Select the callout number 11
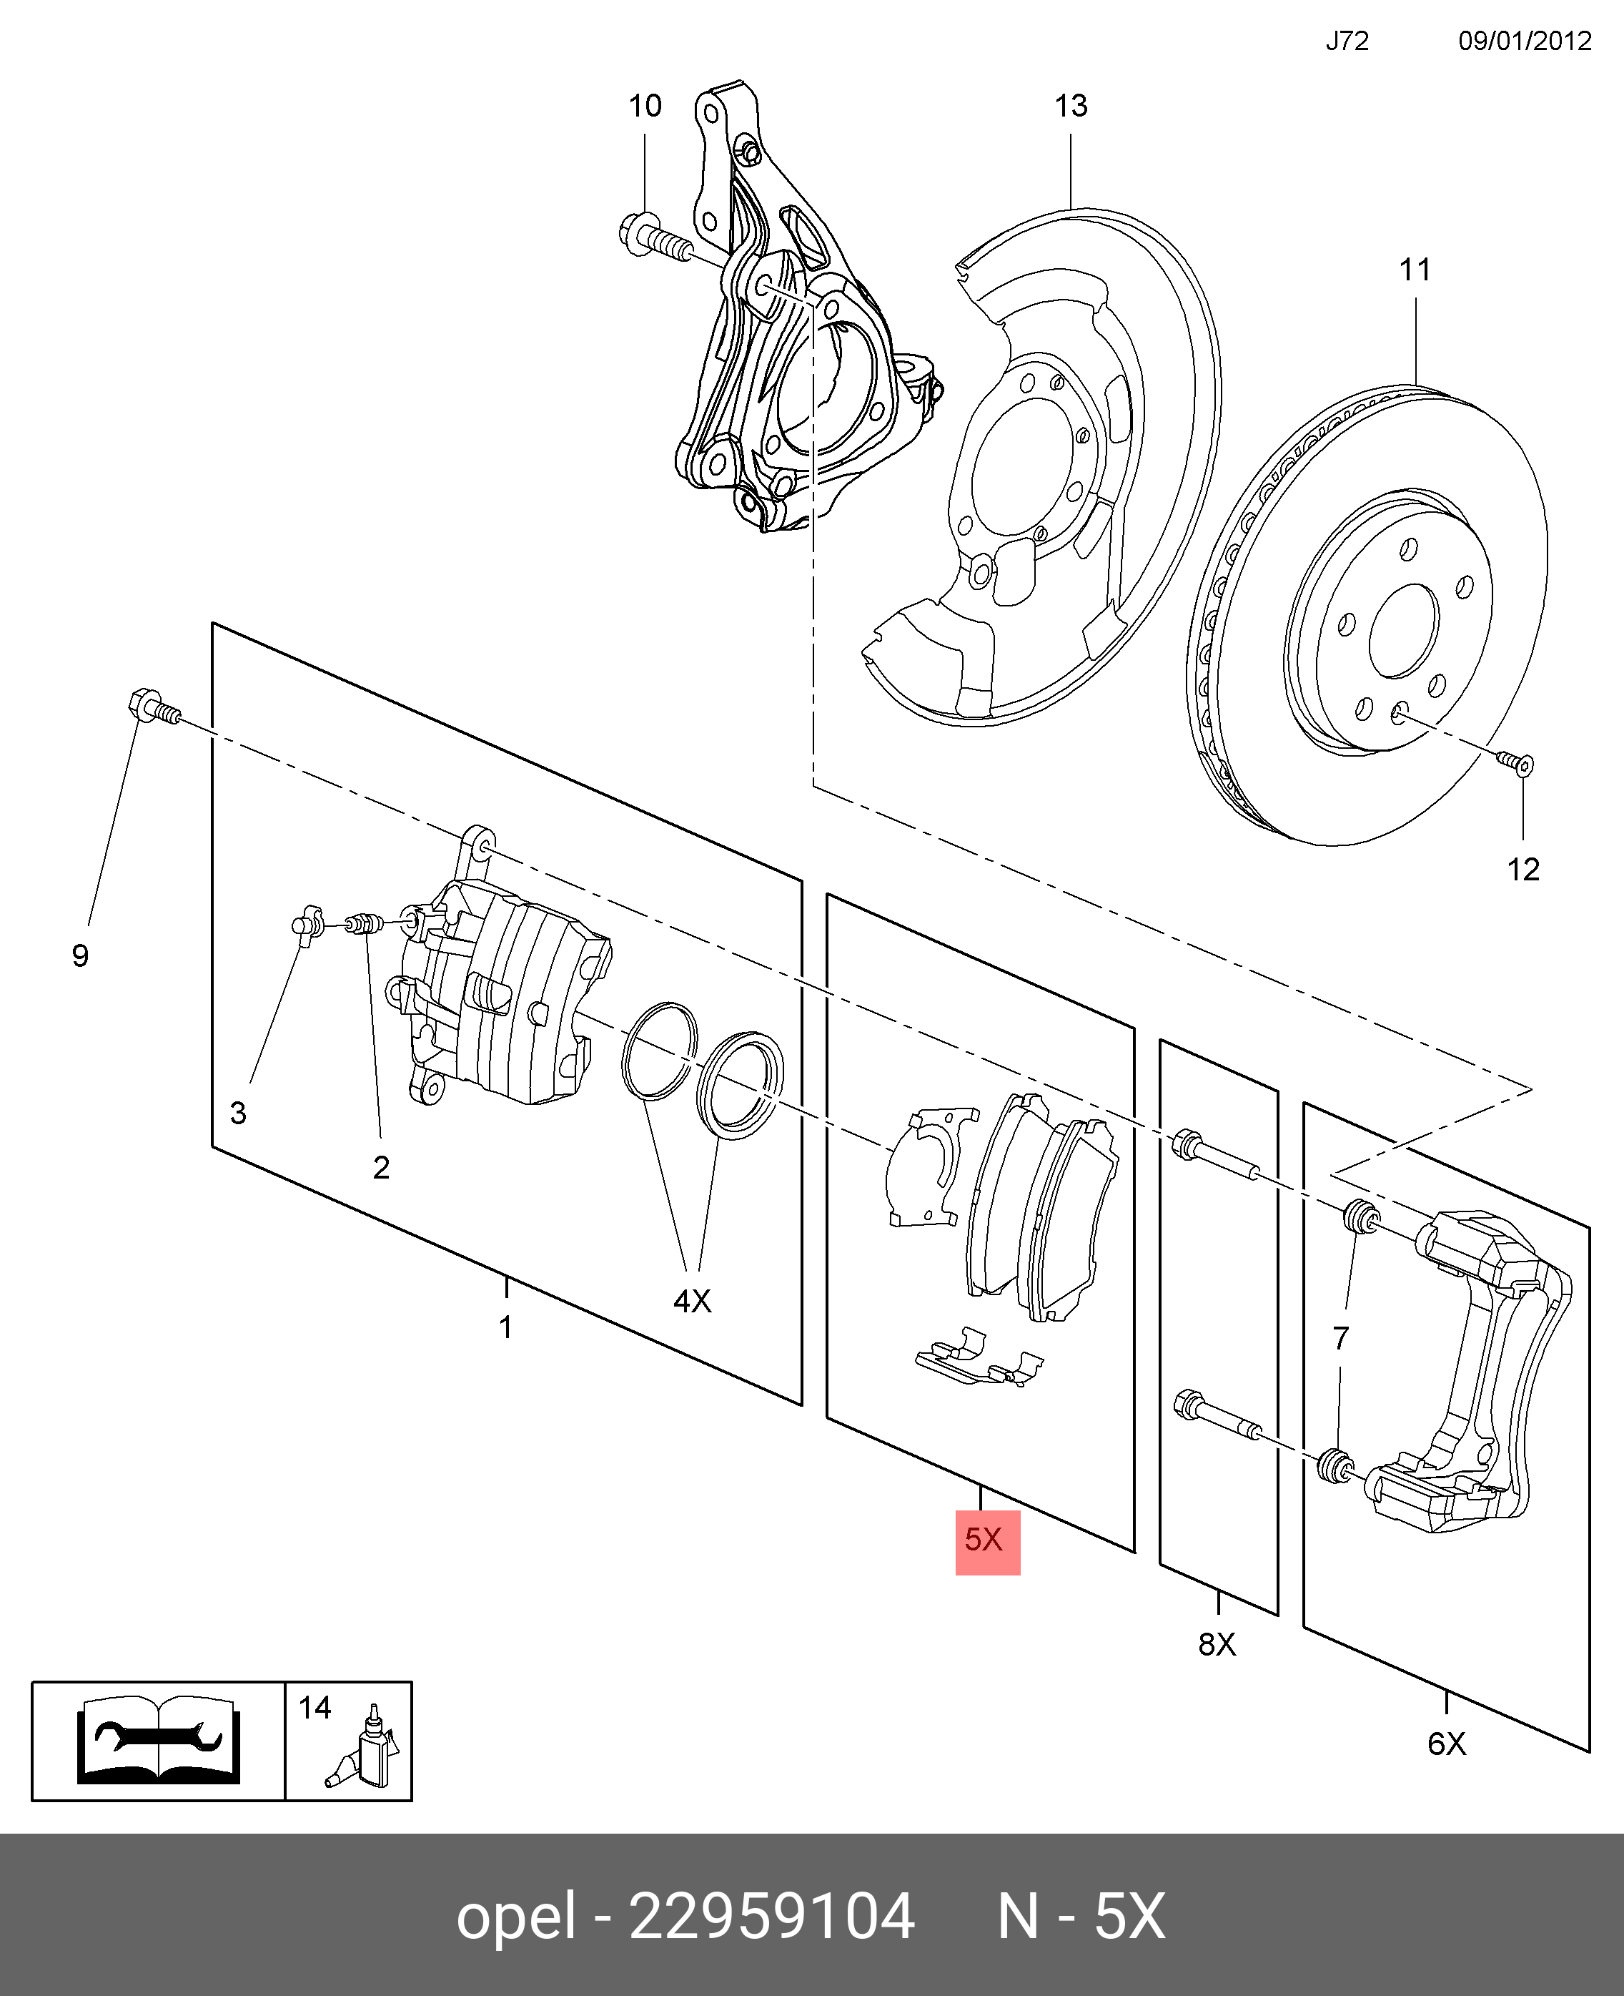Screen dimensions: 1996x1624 pos(1415,270)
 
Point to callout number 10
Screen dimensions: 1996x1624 pos(645,107)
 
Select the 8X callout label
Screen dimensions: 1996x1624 pos(1217,1644)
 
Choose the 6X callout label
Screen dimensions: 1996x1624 pos(1446,1744)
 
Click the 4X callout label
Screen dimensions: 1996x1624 pos(692,1301)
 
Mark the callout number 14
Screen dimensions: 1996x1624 pos(315,1708)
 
